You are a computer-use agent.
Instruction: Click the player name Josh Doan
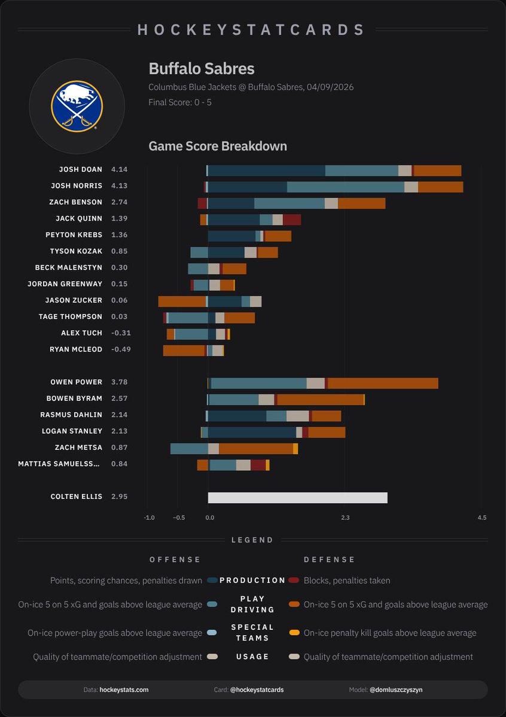(80, 170)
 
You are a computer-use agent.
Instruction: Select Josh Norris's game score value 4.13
(119, 186)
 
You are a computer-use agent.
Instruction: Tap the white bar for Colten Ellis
(297, 498)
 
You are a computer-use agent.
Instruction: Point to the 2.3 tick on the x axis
(345, 517)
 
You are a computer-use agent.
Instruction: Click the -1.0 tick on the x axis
(149, 517)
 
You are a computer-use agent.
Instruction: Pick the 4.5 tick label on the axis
(482, 517)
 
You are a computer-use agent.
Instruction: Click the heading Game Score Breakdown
(218, 146)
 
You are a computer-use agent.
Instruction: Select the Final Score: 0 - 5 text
(179, 102)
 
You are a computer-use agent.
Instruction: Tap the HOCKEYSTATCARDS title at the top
(252, 29)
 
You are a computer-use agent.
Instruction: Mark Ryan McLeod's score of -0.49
(121, 349)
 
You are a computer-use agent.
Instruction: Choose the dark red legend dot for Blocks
(294, 580)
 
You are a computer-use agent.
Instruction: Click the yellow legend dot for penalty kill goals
(294, 633)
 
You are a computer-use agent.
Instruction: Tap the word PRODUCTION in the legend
(252, 580)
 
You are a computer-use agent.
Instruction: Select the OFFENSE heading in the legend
(175, 559)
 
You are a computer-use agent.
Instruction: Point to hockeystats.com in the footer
(124, 690)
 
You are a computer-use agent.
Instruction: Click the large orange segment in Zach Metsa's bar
(255, 448)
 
